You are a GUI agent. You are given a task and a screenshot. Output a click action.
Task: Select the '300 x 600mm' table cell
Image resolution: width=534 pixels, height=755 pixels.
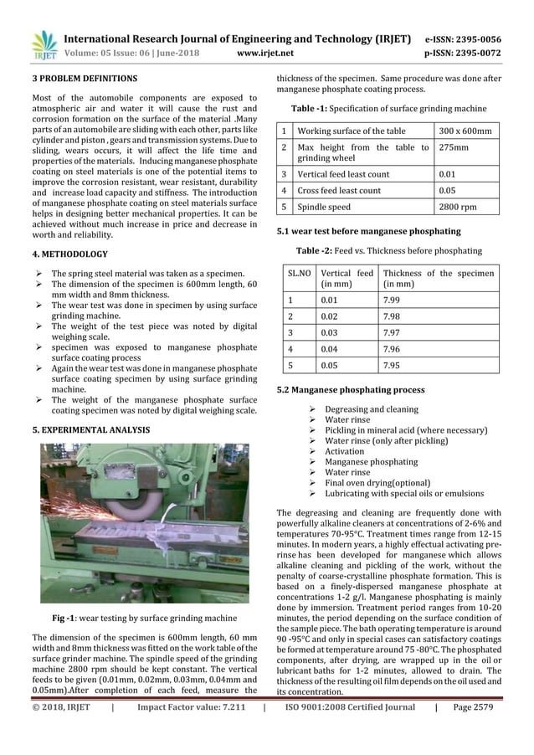[465, 131]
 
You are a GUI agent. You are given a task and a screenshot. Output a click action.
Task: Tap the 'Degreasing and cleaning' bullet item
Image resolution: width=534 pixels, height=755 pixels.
[372, 409]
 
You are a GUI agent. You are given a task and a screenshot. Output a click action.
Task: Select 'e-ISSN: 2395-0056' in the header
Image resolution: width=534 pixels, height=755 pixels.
[463, 39]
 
